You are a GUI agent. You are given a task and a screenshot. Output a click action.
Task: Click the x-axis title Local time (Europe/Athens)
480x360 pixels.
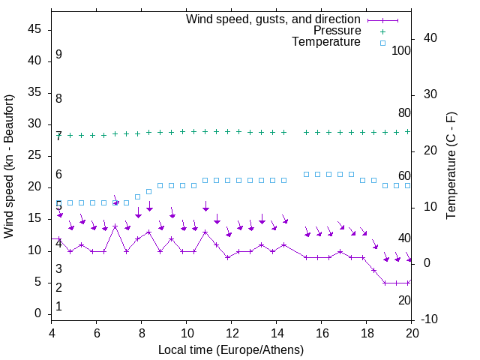pyautogui.click(x=231, y=350)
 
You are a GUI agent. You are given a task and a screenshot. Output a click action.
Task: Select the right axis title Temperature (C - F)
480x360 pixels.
pyautogui.click(x=451, y=166)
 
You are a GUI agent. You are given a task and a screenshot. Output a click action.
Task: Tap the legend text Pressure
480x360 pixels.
pyautogui.click(x=337, y=31)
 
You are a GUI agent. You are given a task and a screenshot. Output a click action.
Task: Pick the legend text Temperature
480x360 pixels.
pyautogui.click(x=326, y=42)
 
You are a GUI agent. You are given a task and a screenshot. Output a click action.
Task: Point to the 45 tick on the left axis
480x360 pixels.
pyautogui.click(x=34, y=30)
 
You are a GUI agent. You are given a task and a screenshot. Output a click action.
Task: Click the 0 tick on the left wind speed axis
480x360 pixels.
pyautogui.click(x=38, y=313)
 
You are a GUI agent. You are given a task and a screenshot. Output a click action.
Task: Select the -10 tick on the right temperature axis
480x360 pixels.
pyautogui.click(x=430, y=319)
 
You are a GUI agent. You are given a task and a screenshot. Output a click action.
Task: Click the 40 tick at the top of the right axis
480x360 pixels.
pyautogui.click(x=430, y=38)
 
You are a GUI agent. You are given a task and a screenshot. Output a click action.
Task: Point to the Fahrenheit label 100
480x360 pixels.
pyautogui.click(x=402, y=51)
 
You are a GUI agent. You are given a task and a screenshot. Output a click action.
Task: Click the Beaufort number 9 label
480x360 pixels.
pyautogui.click(x=58, y=55)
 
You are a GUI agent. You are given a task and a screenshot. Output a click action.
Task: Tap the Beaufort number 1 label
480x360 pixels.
pyautogui.click(x=58, y=307)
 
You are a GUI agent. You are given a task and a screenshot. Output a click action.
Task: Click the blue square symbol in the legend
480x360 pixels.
pyautogui.click(x=382, y=43)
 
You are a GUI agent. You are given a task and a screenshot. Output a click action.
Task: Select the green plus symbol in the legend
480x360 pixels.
pyautogui.click(x=382, y=31)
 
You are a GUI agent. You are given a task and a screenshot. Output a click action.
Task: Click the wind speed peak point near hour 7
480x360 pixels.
pyautogui.click(x=115, y=226)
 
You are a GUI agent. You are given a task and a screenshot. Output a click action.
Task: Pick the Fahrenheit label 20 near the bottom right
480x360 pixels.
pyautogui.click(x=404, y=300)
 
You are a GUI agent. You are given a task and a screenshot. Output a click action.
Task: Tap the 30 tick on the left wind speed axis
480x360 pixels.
pyautogui.click(x=34, y=124)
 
